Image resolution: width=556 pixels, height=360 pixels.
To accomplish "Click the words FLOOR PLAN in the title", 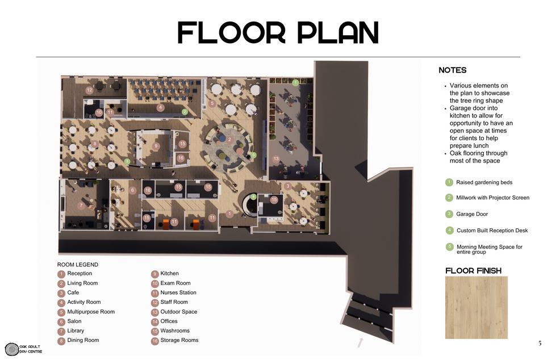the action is click(x=278, y=32).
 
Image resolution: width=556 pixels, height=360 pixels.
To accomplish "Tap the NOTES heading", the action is click(x=453, y=70).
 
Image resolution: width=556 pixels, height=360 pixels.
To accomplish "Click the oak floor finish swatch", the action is click(x=476, y=308).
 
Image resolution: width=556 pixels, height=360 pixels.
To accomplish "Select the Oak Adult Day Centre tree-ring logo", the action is click(x=12, y=349).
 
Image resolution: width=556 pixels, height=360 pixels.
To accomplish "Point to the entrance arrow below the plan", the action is click(x=360, y=342).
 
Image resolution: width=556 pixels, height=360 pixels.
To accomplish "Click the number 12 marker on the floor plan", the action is click(x=89, y=90).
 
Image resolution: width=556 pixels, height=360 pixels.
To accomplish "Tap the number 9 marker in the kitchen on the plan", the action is click(x=156, y=146).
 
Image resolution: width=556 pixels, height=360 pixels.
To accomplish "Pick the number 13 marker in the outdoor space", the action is click(x=276, y=159).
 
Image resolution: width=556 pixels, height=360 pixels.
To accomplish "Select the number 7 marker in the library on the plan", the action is click(x=81, y=206).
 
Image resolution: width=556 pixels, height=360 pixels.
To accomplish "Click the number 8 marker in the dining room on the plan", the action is click(x=95, y=144).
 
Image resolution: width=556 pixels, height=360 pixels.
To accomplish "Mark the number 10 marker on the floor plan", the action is click(x=99, y=112).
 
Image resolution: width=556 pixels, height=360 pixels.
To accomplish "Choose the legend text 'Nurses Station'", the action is click(x=178, y=292).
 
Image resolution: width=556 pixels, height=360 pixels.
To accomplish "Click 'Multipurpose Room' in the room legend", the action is click(x=91, y=312).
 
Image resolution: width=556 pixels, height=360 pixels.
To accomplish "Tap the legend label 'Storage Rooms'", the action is click(x=179, y=340).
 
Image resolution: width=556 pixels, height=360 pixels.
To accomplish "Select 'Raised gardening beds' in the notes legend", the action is click(x=484, y=182).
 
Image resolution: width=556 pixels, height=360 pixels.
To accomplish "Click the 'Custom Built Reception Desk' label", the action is click(x=492, y=231).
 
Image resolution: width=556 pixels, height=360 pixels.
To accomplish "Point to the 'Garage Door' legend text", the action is click(x=472, y=214).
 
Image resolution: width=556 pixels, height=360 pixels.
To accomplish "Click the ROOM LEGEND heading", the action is click(x=78, y=265).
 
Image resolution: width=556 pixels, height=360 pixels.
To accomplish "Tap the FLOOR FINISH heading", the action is click(x=474, y=271).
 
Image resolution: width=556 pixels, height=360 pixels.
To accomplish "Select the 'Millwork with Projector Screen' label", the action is click(x=492, y=198).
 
